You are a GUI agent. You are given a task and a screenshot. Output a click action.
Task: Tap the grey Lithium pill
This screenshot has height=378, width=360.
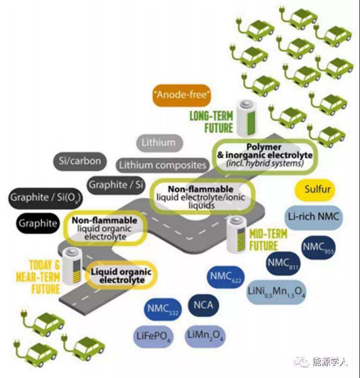point(158,143)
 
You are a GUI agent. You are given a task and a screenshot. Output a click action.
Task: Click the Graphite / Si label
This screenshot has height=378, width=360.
point(116,185)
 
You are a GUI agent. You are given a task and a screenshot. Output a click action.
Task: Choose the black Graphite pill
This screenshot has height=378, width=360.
point(38,223)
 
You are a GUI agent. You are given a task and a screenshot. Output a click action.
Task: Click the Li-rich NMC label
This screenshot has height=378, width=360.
point(314,217)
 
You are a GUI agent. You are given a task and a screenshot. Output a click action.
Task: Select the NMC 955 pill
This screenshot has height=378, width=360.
point(321,247)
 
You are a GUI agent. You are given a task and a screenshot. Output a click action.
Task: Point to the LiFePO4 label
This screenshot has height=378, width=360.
point(153,336)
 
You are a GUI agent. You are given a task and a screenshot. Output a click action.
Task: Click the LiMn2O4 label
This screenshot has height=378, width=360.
point(205,336)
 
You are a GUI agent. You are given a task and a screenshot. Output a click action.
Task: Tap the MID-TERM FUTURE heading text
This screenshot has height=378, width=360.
point(268,239)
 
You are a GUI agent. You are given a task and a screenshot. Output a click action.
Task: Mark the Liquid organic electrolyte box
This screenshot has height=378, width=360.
point(121,276)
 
